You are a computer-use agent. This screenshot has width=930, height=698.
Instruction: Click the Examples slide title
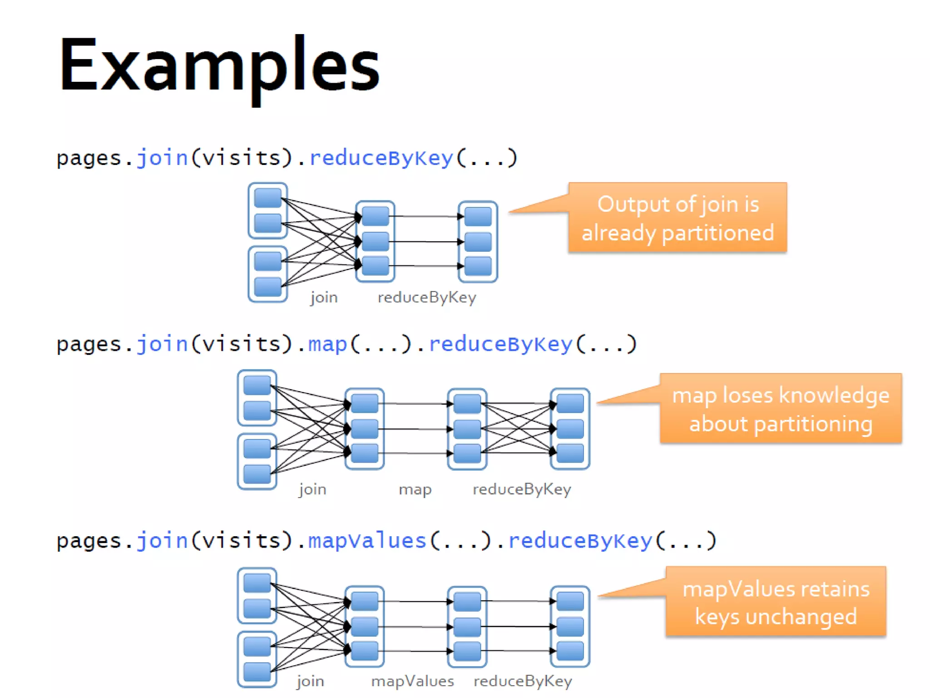219,66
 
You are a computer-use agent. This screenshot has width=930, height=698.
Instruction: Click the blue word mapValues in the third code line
367,541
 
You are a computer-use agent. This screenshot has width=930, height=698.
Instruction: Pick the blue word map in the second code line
327,344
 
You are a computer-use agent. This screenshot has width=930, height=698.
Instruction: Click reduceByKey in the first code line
381,158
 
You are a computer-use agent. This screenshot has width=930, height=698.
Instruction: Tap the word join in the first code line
162,158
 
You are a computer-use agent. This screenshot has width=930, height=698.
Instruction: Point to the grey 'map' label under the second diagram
415,489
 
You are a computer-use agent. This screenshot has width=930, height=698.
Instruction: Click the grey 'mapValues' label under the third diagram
412,681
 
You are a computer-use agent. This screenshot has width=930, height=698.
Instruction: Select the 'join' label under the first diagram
324,298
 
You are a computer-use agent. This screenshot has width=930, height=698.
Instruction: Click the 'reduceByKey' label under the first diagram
427,298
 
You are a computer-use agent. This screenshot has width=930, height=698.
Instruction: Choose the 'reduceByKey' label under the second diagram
522,489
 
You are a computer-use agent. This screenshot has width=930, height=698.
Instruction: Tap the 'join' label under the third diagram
311,681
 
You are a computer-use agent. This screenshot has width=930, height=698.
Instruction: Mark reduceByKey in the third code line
580,541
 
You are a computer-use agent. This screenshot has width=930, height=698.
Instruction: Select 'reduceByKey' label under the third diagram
523,681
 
